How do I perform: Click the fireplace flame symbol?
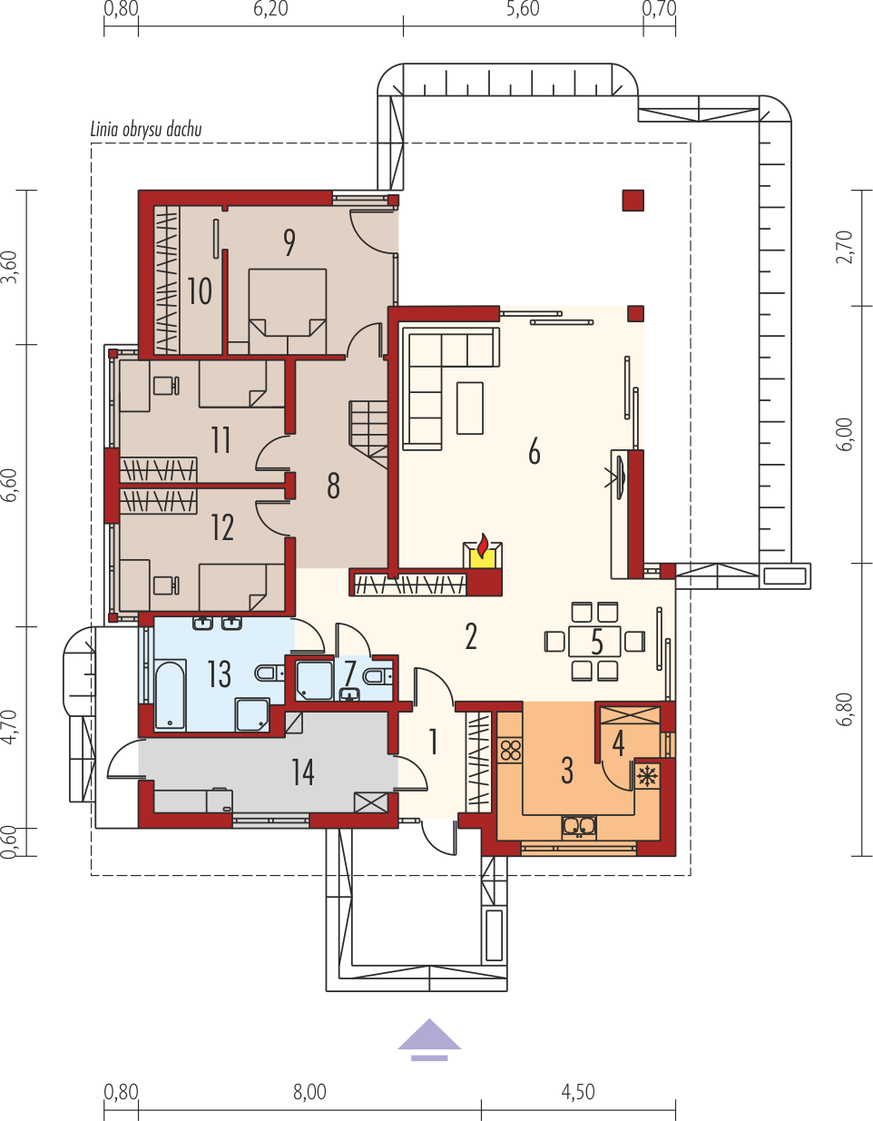click(483, 546)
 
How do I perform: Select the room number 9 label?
click(289, 242)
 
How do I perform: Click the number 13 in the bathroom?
click(219, 674)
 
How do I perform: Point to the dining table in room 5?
click(594, 641)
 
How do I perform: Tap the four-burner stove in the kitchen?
click(511, 751)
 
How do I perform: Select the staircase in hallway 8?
click(368, 435)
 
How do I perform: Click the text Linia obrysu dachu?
click(146, 130)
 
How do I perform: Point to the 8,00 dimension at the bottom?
click(310, 1092)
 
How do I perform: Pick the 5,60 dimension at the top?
click(523, 9)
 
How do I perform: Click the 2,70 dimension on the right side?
click(845, 247)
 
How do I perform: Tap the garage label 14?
click(303, 772)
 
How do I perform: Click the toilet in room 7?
click(378, 676)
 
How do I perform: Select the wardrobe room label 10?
click(199, 291)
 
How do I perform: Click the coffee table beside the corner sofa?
click(470, 408)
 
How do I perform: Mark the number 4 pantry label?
click(618, 744)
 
